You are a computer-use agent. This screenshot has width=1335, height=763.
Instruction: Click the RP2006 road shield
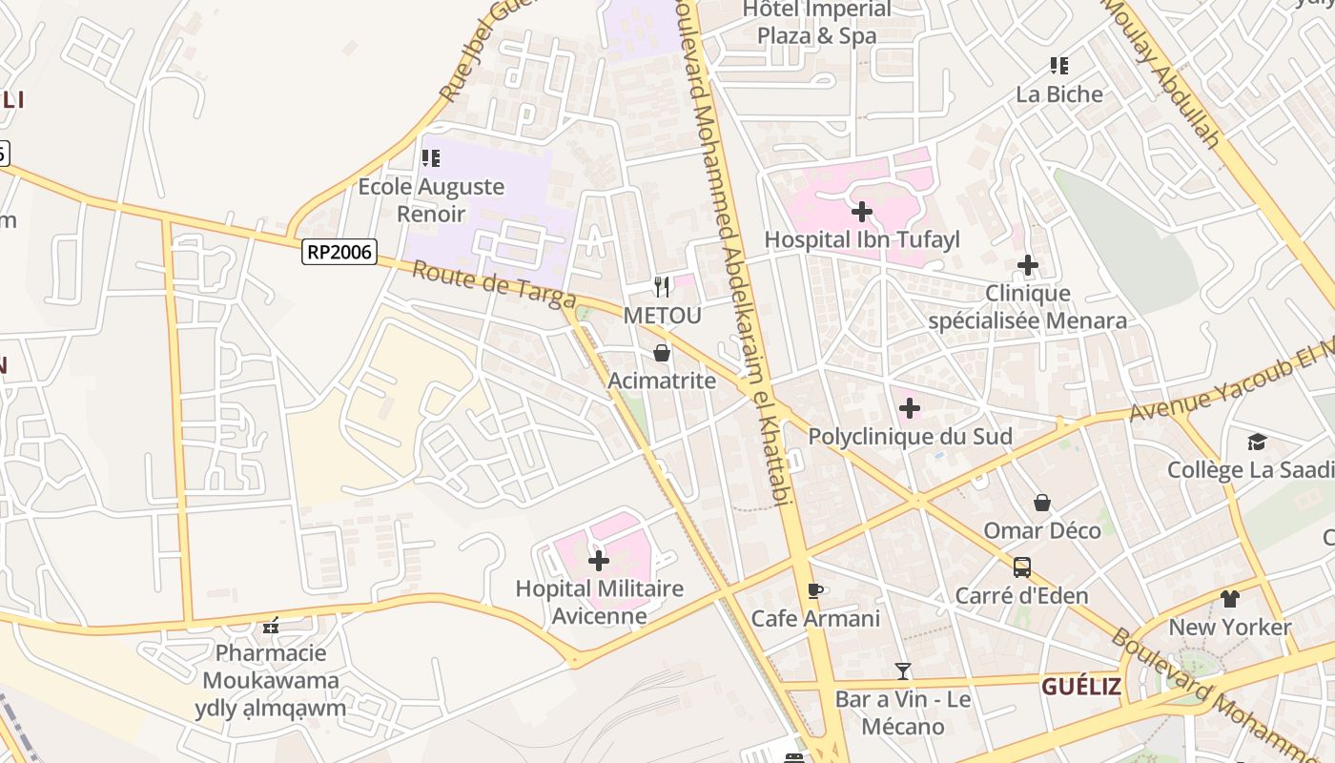click(339, 252)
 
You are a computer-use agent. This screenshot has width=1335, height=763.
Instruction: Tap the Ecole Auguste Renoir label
click(431, 199)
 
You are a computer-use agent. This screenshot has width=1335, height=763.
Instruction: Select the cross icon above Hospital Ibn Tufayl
click(862, 211)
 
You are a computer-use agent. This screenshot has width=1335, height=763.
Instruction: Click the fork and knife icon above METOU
click(662, 286)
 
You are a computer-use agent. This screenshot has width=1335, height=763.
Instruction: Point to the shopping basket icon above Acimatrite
click(662, 353)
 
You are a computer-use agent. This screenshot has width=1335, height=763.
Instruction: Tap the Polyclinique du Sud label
click(910, 437)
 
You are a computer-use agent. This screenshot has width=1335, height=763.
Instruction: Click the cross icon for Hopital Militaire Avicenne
click(599, 560)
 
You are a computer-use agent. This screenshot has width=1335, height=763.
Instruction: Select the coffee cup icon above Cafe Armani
click(814, 590)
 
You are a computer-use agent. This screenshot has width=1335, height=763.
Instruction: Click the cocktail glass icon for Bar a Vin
click(903, 671)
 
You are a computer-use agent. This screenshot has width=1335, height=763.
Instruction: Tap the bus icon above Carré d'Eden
click(1021, 567)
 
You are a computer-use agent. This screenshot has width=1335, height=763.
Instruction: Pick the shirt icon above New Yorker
click(1229, 599)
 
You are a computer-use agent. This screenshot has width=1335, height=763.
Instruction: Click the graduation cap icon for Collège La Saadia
click(1257, 442)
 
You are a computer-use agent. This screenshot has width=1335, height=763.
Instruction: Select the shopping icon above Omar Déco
click(1042, 502)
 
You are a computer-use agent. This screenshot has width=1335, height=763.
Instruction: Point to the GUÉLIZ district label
click(1079, 687)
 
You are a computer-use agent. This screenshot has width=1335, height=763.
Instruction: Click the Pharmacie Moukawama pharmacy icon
click(271, 626)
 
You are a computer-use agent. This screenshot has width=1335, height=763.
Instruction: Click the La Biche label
click(1058, 94)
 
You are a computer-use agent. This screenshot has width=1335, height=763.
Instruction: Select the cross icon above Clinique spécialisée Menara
click(1027, 264)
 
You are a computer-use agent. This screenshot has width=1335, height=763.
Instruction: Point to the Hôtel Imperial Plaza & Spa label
click(817, 23)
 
